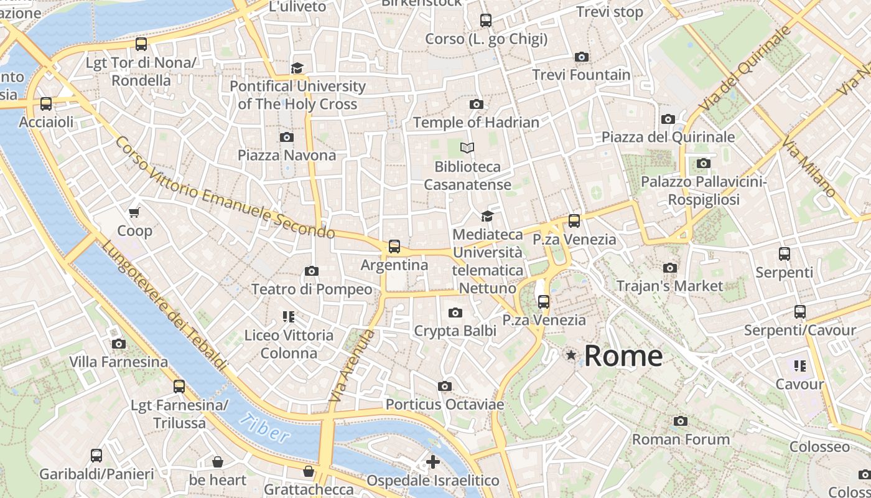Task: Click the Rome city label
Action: tap(623, 356)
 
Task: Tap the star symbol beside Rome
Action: tap(571, 355)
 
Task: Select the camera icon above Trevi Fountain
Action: tap(582, 57)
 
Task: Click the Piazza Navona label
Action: tap(287, 155)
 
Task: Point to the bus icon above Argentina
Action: tap(394, 247)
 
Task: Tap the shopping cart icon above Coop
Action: tap(134, 212)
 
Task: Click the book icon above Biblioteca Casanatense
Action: tap(467, 148)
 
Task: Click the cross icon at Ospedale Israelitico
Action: tap(433, 462)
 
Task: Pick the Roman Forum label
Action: tap(681, 439)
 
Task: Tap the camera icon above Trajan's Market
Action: tap(670, 268)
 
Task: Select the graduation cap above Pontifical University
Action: tap(297, 68)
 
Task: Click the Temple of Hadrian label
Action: tap(476, 123)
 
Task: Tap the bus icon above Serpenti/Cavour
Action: tap(800, 312)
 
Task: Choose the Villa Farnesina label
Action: tap(118, 362)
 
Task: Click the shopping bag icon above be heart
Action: tap(218, 462)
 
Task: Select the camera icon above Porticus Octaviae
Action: tap(444, 387)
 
